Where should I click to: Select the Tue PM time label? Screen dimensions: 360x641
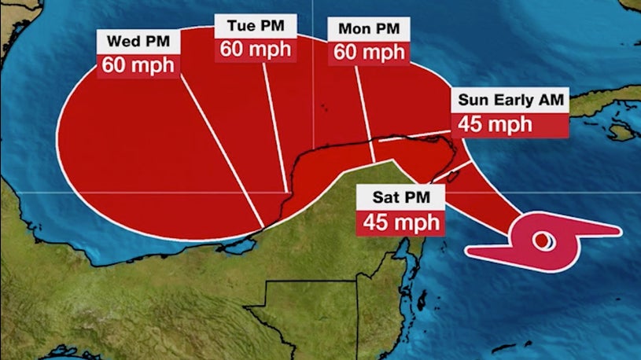coord(256,25)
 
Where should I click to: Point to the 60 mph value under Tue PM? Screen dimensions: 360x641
coord(256,48)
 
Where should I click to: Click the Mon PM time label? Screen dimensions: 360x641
coord(368,29)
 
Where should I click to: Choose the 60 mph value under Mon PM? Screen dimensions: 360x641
coord(368,53)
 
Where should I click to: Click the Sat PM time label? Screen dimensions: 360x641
coord(400,197)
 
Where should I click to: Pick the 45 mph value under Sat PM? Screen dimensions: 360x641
coord(400,222)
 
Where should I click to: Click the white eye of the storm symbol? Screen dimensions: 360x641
coord(542,240)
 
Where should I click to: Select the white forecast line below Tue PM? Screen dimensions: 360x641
coord(274,134)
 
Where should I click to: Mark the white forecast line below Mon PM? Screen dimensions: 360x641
coord(367,118)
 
